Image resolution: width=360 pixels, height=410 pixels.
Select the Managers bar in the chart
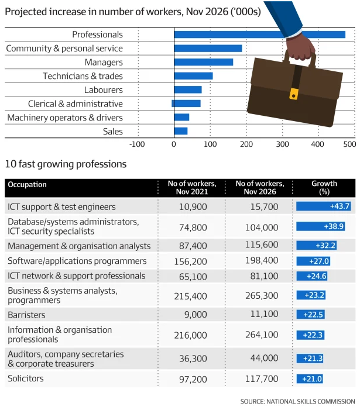(203, 62)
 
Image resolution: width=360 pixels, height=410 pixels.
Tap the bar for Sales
(180, 131)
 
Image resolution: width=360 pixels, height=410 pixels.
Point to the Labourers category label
(104, 90)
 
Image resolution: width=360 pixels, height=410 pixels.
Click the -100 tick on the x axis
(136, 144)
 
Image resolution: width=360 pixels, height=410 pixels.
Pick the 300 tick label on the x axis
(282, 144)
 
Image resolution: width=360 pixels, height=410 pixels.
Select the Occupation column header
(27, 185)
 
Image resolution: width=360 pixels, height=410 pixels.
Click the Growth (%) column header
(324, 187)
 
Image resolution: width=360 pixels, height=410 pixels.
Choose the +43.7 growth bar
(324, 206)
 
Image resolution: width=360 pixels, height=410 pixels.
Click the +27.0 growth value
(319, 261)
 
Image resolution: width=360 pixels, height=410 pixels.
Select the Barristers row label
(26, 315)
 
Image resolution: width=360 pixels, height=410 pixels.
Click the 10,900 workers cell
(191, 207)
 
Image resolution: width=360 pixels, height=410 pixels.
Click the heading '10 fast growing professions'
(66, 164)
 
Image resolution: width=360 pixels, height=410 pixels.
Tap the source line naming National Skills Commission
(297, 401)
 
